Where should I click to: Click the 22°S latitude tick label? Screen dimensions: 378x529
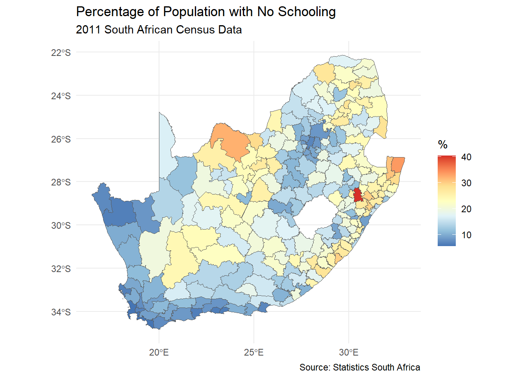click(61, 53)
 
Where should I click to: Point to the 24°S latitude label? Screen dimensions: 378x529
click(61, 96)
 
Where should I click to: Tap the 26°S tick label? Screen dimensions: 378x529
click(61, 139)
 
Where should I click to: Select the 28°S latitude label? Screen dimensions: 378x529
click(61, 182)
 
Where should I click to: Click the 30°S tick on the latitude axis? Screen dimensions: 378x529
click(61, 226)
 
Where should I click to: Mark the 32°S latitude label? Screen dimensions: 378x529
click(61, 269)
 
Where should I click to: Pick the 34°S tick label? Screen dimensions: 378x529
click(61, 312)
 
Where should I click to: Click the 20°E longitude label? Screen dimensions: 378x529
click(159, 352)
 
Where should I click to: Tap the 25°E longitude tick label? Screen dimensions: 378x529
click(254, 352)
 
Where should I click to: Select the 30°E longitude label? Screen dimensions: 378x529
click(349, 352)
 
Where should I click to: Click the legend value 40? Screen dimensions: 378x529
click(466, 157)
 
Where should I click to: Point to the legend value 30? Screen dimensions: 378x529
click(466, 183)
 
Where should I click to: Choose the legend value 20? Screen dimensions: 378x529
click(466, 209)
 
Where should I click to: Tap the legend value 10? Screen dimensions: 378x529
click(466, 235)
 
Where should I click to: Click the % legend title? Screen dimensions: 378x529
click(443, 145)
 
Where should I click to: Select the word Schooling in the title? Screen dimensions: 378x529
click(307, 12)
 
